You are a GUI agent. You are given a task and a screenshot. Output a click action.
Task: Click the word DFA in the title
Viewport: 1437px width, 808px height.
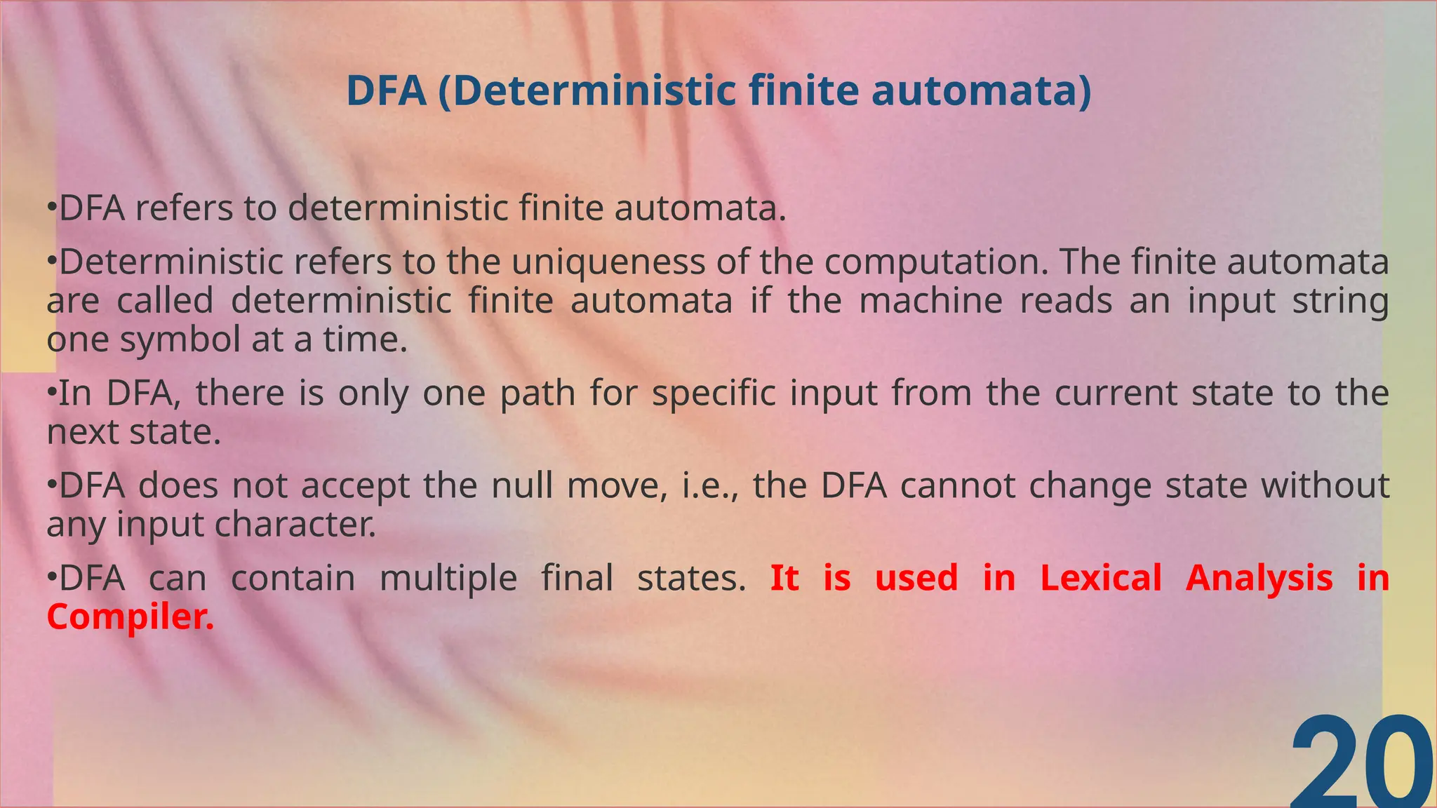pos(387,91)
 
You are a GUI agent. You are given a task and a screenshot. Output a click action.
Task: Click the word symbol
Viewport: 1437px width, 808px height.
pos(180,340)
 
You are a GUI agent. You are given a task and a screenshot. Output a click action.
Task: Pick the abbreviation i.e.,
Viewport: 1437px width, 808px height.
pos(711,485)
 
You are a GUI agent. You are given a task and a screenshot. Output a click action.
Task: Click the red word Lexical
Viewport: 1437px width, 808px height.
pos(1100,579)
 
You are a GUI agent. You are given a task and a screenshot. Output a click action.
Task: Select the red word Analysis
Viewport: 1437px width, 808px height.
pos(1259,579)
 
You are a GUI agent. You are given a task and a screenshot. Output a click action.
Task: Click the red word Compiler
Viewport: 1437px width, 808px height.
pos(130,617)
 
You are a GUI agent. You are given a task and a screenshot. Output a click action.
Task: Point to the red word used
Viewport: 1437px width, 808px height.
pos(916,579)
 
